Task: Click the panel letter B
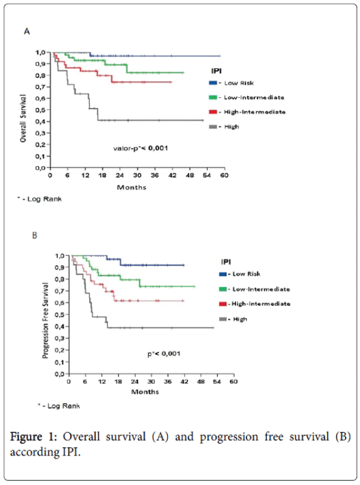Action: [x=35, y=235]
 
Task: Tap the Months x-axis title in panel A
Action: [x=131, y=187]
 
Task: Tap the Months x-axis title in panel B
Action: [x=146, y=392]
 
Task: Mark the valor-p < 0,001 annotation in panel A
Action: [x=142, y=147]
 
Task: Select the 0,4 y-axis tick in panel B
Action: [x=60, y=327]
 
